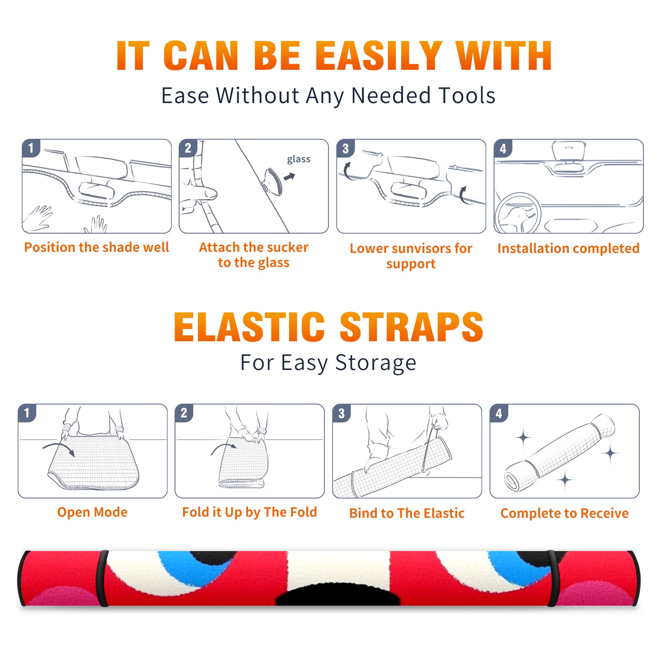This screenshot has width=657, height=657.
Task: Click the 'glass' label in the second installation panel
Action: coord(299,159)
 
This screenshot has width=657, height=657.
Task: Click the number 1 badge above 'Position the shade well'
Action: coord(31,148)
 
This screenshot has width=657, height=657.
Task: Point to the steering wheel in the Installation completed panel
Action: coord(518,213)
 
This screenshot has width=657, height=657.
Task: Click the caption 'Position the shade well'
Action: coord(96,247)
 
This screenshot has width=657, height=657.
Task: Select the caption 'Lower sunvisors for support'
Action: coord(411,256)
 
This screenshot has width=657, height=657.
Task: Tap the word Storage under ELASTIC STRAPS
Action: coord(376,363)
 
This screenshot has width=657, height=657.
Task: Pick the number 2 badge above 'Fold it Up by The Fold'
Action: coord(184,413)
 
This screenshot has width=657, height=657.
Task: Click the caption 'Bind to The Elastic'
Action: coord(407,513)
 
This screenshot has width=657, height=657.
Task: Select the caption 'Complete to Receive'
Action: coord(565,513)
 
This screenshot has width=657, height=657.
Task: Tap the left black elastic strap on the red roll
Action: coord(102,578)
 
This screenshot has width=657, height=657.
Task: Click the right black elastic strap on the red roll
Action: coord(553,578)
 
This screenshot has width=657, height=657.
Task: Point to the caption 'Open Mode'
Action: coord(92,512)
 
